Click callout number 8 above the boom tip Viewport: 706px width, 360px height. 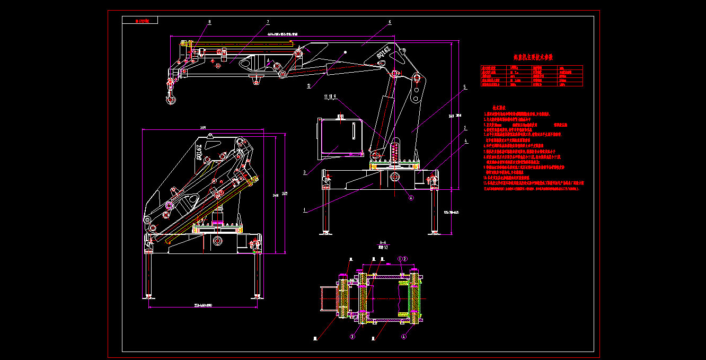click(209, 22)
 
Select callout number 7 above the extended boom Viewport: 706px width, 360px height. click(268, 22)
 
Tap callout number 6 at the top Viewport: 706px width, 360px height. click(390, 22)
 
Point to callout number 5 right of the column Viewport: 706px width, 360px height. click(464, 87)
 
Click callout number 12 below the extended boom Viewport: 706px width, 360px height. click(308, 85)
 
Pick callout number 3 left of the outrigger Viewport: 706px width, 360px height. click(304, 172)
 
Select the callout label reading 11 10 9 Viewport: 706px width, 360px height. click(330, 97)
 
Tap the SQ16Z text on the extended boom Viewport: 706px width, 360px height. click(383, 51)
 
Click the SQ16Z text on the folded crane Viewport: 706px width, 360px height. click(199, 151)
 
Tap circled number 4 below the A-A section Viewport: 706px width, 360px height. click(404, 336)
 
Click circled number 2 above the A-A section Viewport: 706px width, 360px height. click(405, 259)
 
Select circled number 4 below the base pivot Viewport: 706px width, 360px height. click(410, 198)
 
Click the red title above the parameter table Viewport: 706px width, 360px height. click(533, 57)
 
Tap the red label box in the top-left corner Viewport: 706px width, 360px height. click(139, 21)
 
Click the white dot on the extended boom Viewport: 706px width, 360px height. click(346, 52)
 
